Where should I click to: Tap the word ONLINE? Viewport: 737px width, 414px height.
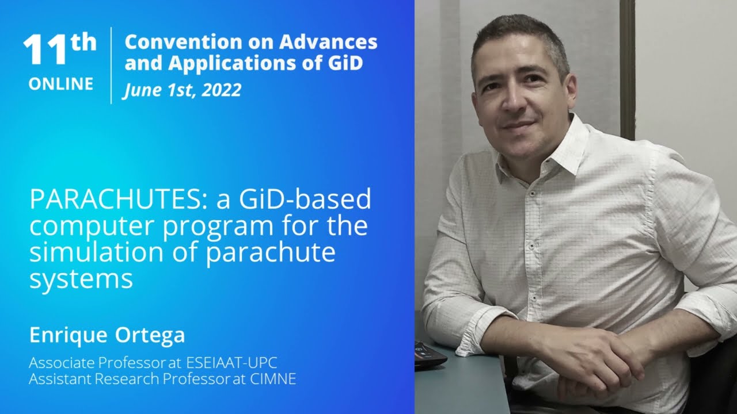click(x=60, y=84)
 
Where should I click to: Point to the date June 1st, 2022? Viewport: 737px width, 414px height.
click(x=181, y=90)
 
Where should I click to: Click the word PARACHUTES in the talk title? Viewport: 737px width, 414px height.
click(x=119, y=200)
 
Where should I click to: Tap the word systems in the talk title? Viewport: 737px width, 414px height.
click(x=81, y=279)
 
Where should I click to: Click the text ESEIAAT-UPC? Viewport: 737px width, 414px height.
click(x=235, y=363)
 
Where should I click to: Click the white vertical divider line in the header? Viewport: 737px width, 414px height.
click(x=111, y=65)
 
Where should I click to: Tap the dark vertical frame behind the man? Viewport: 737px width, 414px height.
click(x=627, y=69)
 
